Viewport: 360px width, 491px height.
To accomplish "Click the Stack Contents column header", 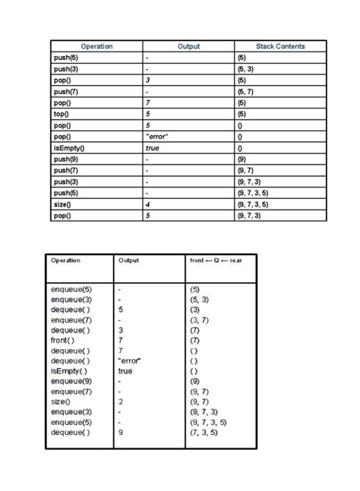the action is click(x=280, y=46).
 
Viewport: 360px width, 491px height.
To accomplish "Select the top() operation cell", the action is click(x=62, y=114).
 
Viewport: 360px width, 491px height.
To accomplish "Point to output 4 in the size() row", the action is click(x=148, y=204).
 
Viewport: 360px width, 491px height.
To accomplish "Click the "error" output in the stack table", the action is click(x=156, y=137).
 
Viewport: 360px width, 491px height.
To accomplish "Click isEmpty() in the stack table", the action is click(x=69, y=148).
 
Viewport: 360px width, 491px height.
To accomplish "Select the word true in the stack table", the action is click(x=152, y=148).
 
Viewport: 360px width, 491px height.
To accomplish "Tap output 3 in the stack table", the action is click(x=148, y=80).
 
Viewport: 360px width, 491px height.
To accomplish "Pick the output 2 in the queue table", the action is click(x=120, y=401).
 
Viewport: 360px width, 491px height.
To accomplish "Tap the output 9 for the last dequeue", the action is click(x=120, y=432).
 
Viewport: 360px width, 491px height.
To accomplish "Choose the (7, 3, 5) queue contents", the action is click(x=204, y=432).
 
